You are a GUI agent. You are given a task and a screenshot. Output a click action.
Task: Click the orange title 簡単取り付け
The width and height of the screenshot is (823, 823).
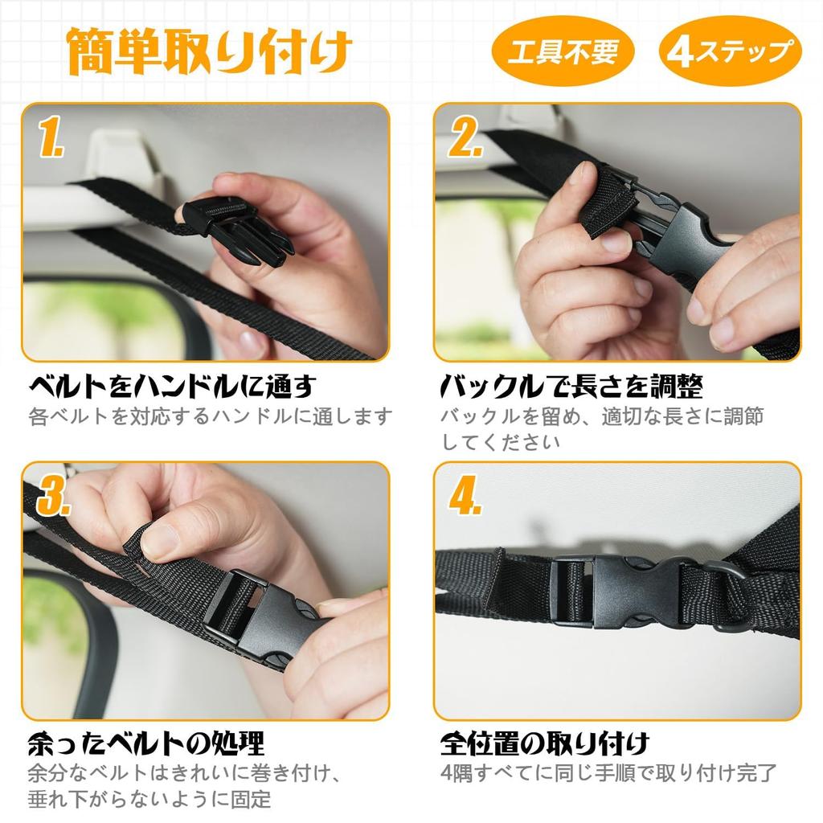click(209, 51)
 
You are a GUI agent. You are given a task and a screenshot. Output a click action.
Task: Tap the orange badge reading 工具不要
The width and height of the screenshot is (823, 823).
click(563, 51)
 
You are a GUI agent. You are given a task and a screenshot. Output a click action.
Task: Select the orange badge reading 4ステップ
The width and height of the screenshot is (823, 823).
click(730, 51)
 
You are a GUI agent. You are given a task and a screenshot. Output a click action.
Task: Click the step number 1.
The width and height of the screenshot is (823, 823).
click(51, 137)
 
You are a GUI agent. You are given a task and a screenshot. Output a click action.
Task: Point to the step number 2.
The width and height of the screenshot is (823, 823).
click(465, 137)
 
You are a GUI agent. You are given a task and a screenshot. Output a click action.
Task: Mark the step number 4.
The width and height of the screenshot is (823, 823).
click(465, 495)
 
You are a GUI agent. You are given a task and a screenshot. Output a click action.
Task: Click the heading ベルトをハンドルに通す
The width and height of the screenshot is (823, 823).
click(173, 387)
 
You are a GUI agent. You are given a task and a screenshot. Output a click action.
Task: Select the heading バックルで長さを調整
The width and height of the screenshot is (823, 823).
click(571, 387)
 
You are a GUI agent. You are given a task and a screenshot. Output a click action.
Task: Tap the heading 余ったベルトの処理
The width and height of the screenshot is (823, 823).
click(146, 743)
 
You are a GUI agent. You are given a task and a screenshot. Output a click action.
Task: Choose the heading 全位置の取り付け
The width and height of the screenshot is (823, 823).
click(545, 743)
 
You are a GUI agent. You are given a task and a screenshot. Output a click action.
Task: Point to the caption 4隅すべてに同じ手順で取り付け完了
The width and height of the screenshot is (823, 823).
click(608, 773)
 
